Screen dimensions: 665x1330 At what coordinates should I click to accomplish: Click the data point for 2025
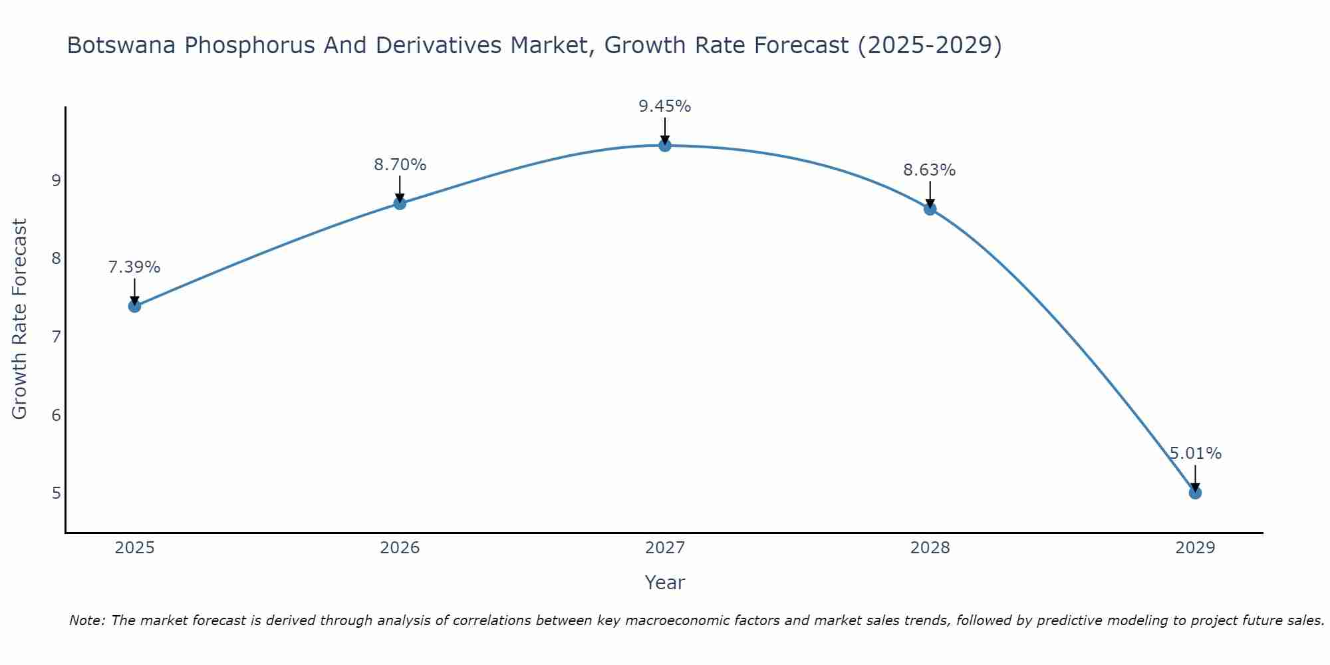click(x=134, y=306)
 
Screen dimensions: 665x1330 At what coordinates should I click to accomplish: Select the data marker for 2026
click(x=400, y=203)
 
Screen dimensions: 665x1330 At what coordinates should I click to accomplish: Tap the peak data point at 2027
click(x=665, y=145)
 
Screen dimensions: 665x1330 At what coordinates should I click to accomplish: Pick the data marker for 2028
click(x=930, y=209)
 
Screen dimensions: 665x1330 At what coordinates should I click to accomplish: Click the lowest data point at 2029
click(x=1195, y=493)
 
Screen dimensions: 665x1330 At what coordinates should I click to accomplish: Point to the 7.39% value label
click(x=134, y=267)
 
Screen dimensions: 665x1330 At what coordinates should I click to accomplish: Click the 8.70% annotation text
click(x=400, y=165)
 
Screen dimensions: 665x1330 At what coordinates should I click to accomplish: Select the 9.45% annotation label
click(x=665, y=106)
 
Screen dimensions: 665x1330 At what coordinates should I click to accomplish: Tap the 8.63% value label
click(x=930, y=170)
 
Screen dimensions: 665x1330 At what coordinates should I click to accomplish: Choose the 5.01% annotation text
click(x=1195, y=454)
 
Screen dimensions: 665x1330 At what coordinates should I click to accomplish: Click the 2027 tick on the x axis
click(x=665, y=548)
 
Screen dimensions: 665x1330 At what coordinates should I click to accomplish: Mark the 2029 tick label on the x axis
click(x=1195, y=548)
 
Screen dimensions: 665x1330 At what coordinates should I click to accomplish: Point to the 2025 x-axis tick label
click(x=134, y=548)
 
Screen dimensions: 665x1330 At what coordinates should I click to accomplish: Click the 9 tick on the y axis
click(x=56, y=180)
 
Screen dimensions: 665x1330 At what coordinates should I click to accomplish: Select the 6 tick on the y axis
click(x=56, y=415)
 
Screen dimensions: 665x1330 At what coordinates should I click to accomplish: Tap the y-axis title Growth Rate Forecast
click(x=20, y=319)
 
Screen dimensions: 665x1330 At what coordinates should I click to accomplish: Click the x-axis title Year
click(x=665, y=583)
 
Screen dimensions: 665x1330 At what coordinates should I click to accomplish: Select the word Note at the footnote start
click(x=87, y=620)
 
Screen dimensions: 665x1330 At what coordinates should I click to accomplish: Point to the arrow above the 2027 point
click(x=665, y=130)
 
